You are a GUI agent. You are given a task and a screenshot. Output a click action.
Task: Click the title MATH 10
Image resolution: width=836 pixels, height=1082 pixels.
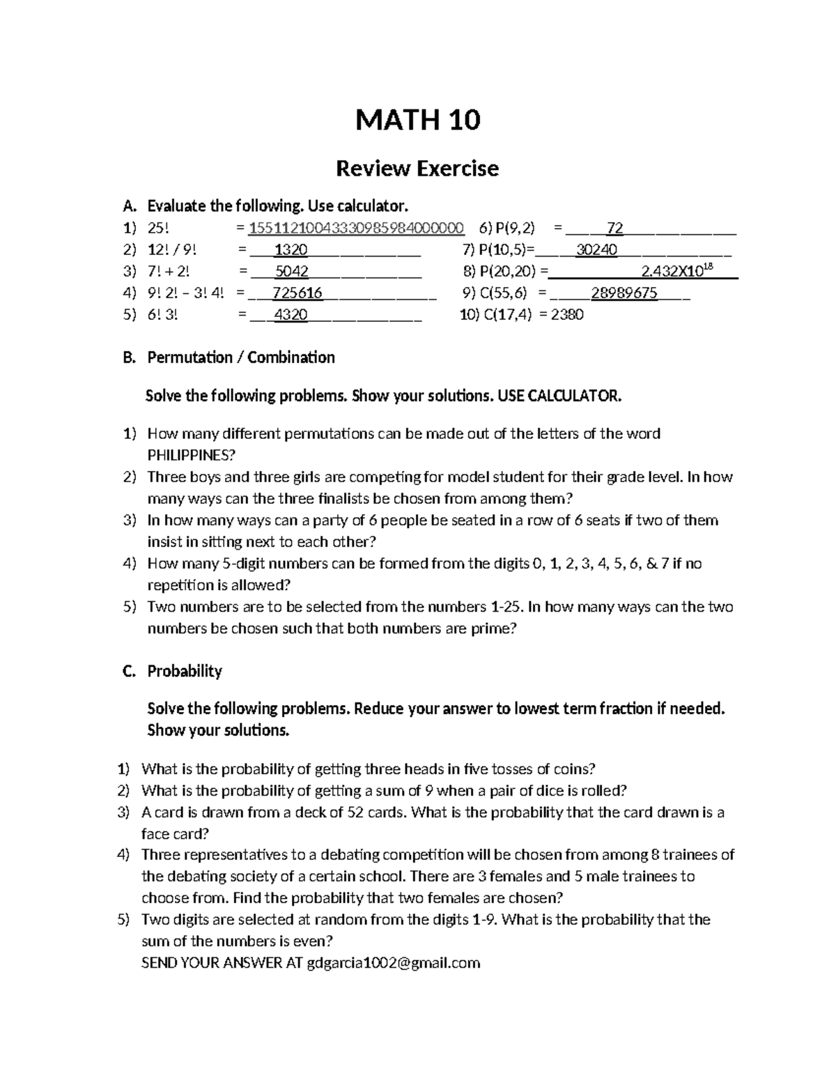417,121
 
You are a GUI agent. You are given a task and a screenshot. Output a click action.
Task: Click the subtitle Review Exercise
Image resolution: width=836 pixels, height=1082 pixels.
417,169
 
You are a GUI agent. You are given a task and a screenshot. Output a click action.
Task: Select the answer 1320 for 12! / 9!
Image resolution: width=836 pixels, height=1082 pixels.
291,249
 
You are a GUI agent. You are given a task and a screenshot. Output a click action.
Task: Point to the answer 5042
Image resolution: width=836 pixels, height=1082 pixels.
291,271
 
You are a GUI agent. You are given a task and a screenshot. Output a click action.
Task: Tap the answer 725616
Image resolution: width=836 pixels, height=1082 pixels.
297,293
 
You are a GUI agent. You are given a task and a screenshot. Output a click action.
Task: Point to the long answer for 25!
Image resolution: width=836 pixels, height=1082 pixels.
357,228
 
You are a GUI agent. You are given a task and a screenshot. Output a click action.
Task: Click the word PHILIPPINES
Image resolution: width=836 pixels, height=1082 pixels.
192,455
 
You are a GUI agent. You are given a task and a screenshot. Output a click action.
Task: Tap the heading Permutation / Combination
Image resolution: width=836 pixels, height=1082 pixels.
240,357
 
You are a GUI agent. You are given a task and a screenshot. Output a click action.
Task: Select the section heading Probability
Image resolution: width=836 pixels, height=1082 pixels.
185,671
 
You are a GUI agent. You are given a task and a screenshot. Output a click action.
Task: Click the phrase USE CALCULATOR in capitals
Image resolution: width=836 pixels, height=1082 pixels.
558,396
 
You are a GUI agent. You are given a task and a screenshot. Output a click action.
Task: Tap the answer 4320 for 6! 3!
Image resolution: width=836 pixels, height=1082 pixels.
291,314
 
